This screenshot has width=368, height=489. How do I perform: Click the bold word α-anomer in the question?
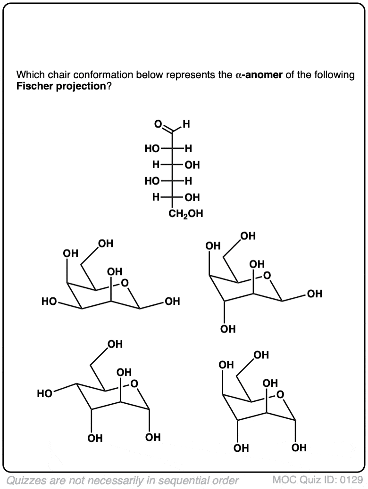pyautogui.click(x=259, y=75)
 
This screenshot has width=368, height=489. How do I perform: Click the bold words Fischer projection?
pyautogui.click(x=61, y=86)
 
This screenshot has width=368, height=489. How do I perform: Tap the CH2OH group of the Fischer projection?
pyautogui.click(x=185, y=213)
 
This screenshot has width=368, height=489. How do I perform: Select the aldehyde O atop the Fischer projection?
pyautogui.click(x=159, y=124)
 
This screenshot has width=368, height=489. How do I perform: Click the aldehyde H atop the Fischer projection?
pyautogui.click(x=186, y=124)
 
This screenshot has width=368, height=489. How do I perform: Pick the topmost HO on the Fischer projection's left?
pyautogui.click(x=152, y=149)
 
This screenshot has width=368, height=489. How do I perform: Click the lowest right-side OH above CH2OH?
pyautogui.click(x=192, y=197)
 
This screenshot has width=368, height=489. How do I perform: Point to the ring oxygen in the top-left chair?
pyautogui.click(x=125, y=283)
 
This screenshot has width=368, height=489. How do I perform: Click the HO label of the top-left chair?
pyautogui.click(x=49, y=302)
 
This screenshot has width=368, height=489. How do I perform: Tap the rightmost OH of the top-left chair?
pyautogui.click(x=172, y=301)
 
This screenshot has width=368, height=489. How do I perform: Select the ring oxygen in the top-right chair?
pyautogui.click(x=267, y=276)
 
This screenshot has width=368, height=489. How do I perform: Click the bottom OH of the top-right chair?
pyautogui.click(x=228, y=329)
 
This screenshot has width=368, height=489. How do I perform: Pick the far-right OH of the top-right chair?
pyautogui.click(x=315, y=294)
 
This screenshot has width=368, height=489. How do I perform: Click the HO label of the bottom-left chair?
pyautogui.click(x=45, y=394)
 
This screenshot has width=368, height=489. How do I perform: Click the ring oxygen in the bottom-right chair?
pyautogui.click(x=280, y=394)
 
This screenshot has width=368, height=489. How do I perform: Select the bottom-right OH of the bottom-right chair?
pyautogui.click(x=299, y=448)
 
